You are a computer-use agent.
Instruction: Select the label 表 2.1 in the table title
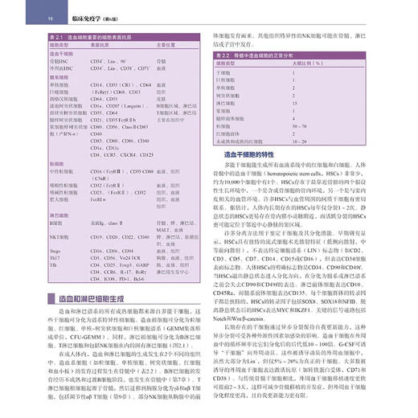pyautogui.click(x=58, y=37)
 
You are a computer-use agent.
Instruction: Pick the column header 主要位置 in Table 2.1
pyautogui.click(x=167, y=47)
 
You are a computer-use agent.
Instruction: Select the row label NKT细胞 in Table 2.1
pyautogui.click(x=62, y=238)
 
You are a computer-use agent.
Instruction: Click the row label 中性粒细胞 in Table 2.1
pyautogui.click(x=64, y=172)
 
